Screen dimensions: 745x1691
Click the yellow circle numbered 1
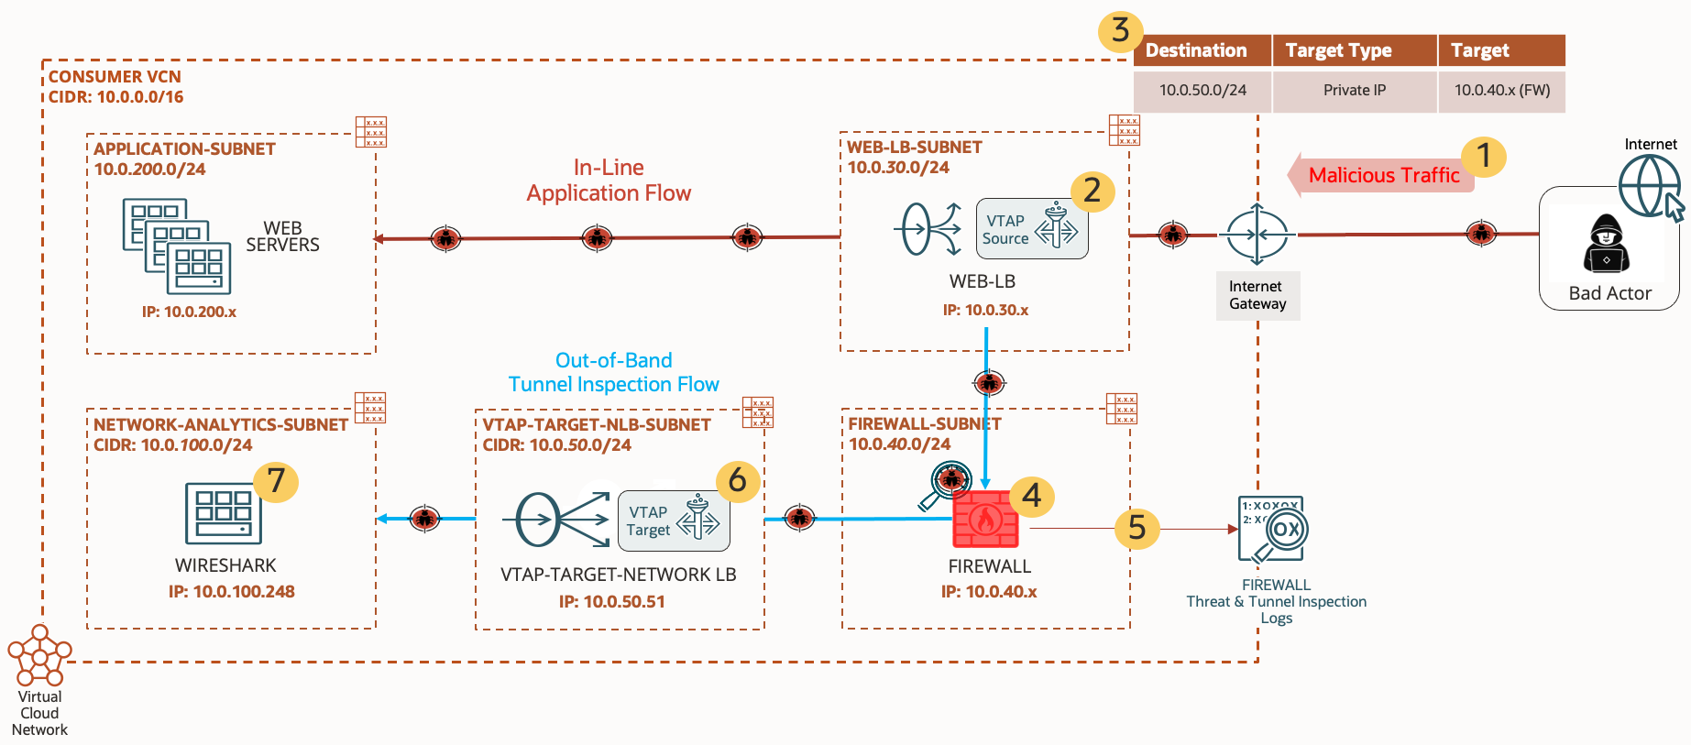pos(1483,156)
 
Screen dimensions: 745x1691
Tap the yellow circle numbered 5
pos(1136,528)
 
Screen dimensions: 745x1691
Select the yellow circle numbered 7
pos(276,480)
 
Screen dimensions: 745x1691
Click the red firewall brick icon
pos(985,520)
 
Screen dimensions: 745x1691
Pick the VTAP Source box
pos(1031,229)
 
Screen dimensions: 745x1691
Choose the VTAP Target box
pos(674,520)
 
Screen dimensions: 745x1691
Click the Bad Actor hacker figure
pos(1606,245)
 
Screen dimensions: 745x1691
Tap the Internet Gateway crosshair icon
pos(1257,235)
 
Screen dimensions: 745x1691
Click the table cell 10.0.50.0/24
pos(1202,91)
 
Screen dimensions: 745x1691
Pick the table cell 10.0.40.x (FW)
pos(1501,91)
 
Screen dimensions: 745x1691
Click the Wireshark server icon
pos(223,513)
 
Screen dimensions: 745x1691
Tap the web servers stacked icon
pos(177,246)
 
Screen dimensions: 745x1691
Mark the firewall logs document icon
pos(1272,530)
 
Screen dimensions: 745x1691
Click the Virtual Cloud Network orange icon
pos(39,655)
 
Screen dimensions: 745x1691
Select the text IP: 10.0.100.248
pos(231,592)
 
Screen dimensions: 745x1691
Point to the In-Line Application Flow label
pos(609,181)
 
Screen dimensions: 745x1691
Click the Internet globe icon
pos(1649,186)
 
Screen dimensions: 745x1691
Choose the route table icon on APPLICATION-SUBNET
pos(371,132)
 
